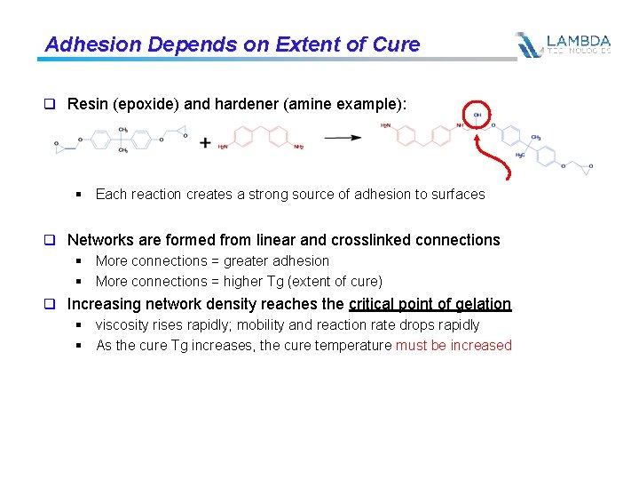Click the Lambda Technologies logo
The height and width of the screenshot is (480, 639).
pyautogui.click(x=564, y=44)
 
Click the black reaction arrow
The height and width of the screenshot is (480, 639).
pyautogui.click(x=342, y=138)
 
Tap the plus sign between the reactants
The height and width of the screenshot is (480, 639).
pyautogui.click(x=205, y=142)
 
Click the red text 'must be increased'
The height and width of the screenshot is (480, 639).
pyautogui.click(x=454, y=345)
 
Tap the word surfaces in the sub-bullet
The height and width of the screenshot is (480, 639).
pyautogui.click(x=458, y=194)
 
